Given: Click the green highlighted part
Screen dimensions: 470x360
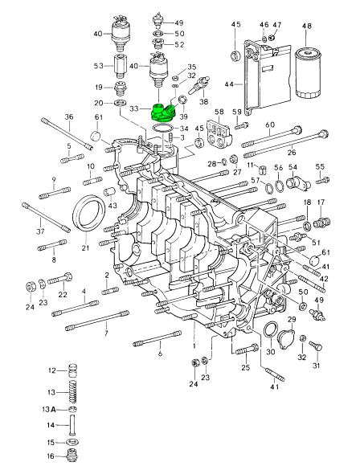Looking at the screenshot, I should (x=166, y=110).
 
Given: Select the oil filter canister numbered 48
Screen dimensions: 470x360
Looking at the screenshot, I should (x=306, y=75).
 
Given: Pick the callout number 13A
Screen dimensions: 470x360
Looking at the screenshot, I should (x=51, y=409).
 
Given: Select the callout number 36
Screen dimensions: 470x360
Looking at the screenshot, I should (x=69, y=117).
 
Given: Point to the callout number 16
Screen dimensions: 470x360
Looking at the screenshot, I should (x=51, y=456).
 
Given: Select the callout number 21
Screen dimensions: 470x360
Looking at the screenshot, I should (x=84, y=248).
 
